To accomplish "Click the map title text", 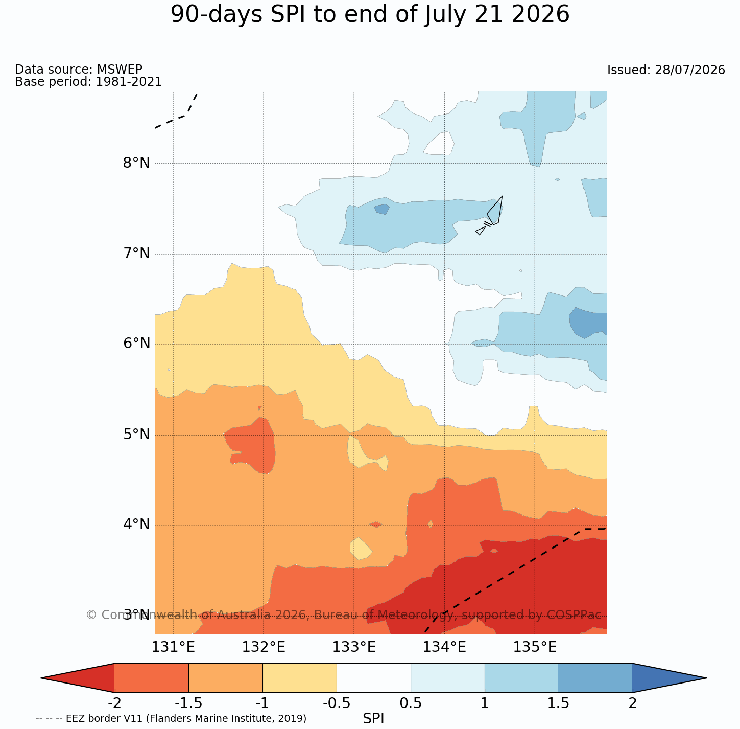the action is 370,15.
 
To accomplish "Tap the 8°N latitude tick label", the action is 136,163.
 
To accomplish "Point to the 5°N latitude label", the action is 136,435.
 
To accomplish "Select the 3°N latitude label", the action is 136,615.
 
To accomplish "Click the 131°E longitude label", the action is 173,647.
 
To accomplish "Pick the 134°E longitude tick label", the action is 444,647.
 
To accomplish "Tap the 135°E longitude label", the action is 535,647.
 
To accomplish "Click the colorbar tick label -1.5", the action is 188,703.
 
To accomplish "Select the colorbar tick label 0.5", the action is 411,703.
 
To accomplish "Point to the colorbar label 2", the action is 632,703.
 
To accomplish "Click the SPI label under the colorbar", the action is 373,719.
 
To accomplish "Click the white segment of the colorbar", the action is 374,678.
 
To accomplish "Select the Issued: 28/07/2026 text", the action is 666,70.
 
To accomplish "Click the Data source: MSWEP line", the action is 79,69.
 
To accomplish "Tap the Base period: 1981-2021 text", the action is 88,81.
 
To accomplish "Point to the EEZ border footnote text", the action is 171,719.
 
